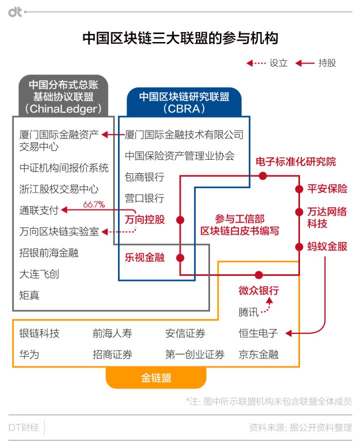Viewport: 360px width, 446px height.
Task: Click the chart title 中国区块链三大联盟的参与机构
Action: point(180,39)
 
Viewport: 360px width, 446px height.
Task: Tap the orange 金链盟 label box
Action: point(155,378)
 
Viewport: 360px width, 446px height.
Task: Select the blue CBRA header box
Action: point(183,102)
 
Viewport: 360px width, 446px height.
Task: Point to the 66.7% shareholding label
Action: point(93,204)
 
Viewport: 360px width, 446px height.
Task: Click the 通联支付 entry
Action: point(39,210)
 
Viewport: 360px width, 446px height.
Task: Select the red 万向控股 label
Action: point(144,219)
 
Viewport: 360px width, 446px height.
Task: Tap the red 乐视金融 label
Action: point(144,258)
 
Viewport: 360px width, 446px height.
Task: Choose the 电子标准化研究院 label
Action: point(296,162)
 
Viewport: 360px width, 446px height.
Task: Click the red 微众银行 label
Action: point(258,291)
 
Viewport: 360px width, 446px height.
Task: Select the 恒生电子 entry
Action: point(258,333)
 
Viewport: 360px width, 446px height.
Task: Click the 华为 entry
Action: point(29,354)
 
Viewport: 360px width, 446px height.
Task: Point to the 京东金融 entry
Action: point(258,354)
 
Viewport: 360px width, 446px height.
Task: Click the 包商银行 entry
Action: point(144,177)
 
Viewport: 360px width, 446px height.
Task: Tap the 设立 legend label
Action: point(278,63)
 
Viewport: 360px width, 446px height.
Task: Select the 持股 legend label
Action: point(327,63)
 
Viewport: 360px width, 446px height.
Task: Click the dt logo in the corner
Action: point(15,12)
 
